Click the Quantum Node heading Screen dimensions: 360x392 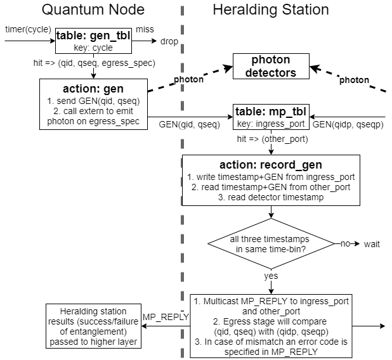[x=93, y=10]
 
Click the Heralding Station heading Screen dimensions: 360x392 [x=270, y=10]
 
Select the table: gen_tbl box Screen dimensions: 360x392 [x=93, y=41]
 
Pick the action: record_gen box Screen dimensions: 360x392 [x=271, y=180]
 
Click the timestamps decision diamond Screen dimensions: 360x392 [x=271, y=244]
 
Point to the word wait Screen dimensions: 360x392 [x=372, y=244]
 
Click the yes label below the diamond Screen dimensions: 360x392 [x=271, y=276]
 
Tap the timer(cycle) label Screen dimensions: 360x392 [x=29, y=30]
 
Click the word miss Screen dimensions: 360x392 [x=145, y=30]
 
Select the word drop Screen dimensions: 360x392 [x=169, y=42]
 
